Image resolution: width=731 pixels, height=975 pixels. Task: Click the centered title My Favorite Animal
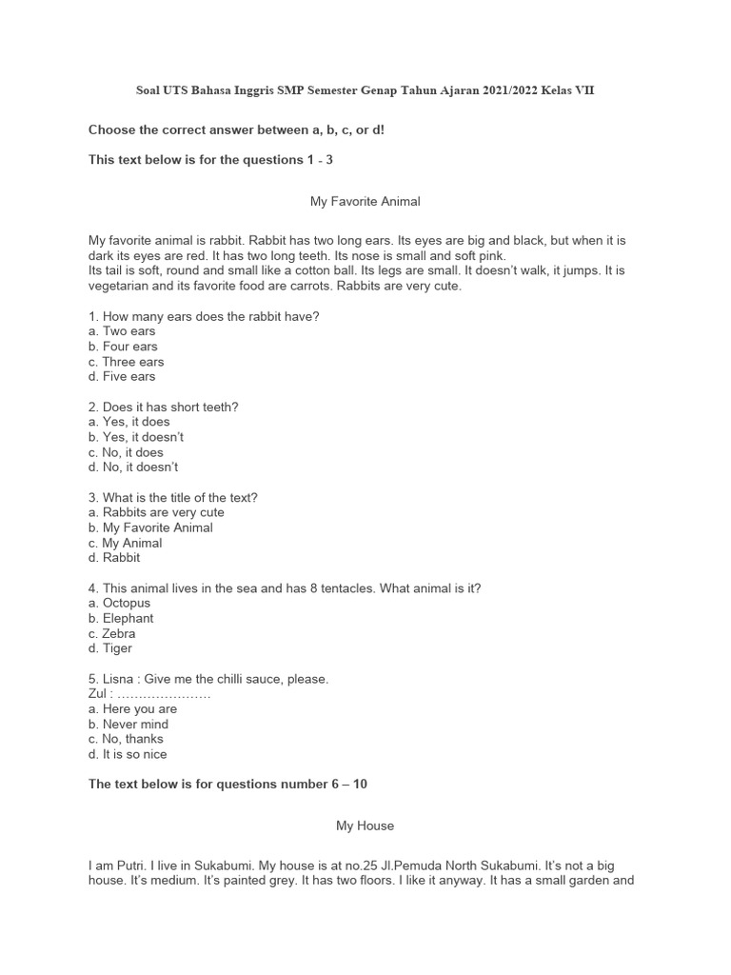[x=365, y=202]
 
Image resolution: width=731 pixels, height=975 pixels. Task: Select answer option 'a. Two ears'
[x=122, y=331]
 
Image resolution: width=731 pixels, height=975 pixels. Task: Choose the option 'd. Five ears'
[x=122, y=376]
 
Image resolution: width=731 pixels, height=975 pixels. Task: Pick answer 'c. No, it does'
[x=126, y=452]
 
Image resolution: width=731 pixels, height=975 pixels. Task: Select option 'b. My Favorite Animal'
[x=150, y=527]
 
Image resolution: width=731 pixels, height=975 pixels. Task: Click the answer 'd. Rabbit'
[x=114, y=558]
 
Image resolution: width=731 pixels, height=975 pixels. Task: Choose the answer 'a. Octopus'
[x=119, y=603]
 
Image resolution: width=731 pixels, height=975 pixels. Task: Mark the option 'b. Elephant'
[x=123, y=618]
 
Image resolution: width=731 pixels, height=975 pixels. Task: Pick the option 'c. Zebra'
[x=111, y=633]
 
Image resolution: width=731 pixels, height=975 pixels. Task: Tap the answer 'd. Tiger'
[x=110, y=648]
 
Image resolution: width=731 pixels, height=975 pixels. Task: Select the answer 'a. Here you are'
[x=132, y=708]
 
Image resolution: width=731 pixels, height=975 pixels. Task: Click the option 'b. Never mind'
[x=128, y=724]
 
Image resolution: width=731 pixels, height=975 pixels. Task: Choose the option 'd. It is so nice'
[x=128, y=754]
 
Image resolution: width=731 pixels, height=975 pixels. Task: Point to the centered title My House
[x=365, y=826]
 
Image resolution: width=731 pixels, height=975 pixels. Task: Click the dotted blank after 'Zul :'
[x=163, y=694]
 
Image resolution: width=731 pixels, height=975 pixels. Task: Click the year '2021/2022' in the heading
[x=503, y=90]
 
